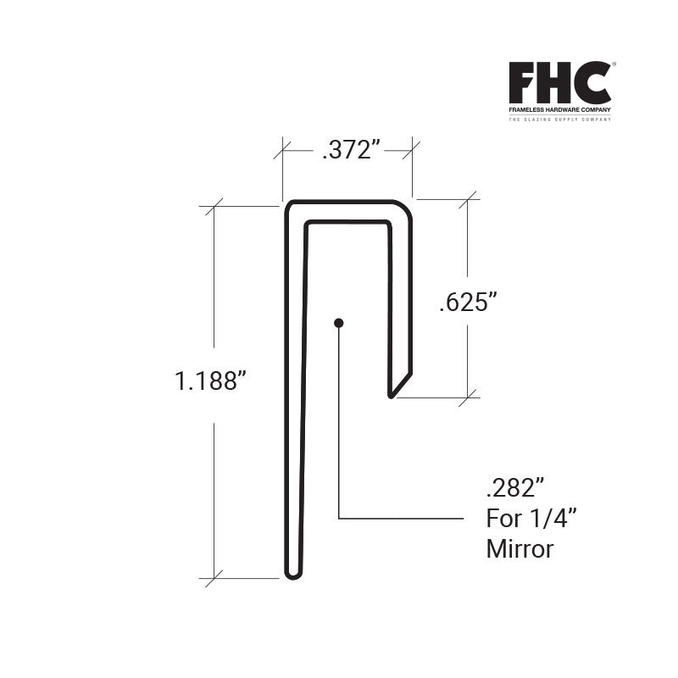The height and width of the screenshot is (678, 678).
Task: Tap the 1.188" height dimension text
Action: click(x=210, y=381)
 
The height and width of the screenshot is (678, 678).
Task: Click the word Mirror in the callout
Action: click(x=520, y=549)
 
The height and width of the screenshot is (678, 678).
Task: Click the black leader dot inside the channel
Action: click(x=338, y=322)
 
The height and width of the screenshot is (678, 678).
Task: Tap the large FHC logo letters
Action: click(x=559, y=83)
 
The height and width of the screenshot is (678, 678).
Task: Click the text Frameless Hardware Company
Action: click(x=559, y=111)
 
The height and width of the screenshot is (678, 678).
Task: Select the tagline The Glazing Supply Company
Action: click(x=559, y=120)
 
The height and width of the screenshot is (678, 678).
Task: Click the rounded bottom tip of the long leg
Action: click(x=292, y=574)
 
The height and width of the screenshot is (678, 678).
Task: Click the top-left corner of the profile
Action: click(x=289, y=206)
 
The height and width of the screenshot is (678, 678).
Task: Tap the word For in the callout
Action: click(x=501, y=518)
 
